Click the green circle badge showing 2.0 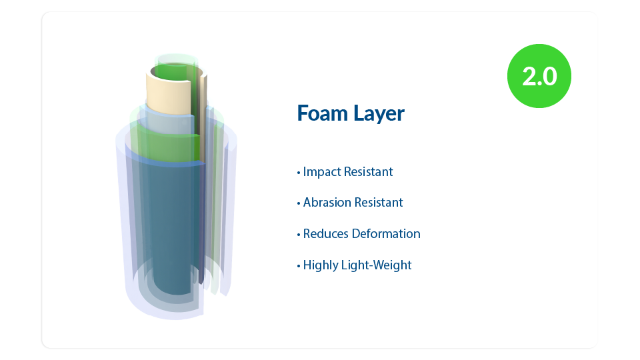click(539, 76)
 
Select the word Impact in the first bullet click(322, 172)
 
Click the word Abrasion click(327, 203)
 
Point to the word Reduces click(326, 234)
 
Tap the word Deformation click(386, 234)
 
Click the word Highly click(321, 265)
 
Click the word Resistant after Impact click(369, 172)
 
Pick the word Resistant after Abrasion click(379, 203)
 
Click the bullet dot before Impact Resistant click(299, 173)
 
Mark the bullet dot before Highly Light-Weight click(299, 267)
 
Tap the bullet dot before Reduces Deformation click(299, 235)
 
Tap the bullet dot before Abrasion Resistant click(299, 204)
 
